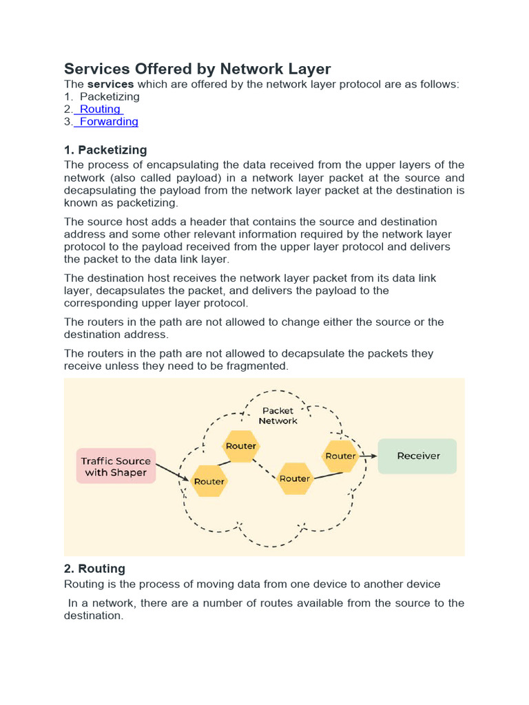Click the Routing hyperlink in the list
coord(101,109)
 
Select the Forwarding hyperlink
coord(109,122)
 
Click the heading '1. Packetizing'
coord(105,149)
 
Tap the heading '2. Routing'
coord(94,569)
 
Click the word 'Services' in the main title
coord(98,69)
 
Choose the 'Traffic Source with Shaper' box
coord(116,466)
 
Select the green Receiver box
coord(417,456)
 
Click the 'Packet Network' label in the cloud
coord(278,415)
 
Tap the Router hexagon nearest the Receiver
coord(340,456)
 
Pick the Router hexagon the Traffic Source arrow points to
coord(209,481)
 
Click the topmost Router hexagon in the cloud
coord(241,445)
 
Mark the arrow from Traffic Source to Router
coord(172,472)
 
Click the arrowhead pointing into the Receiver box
coord(373,456)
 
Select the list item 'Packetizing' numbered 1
coord(110,97)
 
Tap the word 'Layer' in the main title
coord(309,69)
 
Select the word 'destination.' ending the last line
coord(94,615)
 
